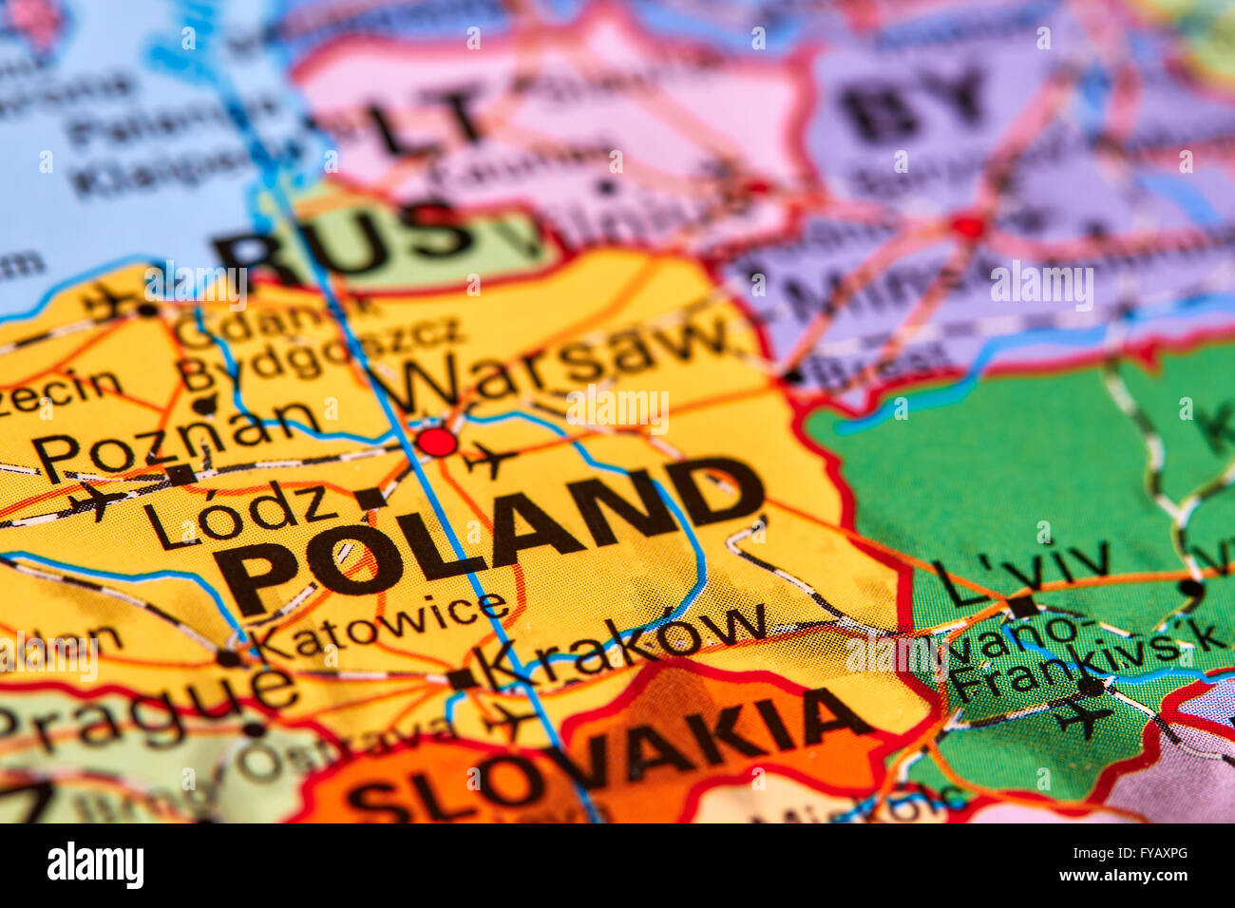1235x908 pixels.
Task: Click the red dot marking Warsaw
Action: (x=437, y=442)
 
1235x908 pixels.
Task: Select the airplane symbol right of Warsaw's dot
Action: (x=489, y=461)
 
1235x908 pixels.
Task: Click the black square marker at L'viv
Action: (x=1022, y=605)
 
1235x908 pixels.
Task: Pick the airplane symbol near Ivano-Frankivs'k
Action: (x=1082, y=714)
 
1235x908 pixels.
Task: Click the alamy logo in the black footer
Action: (x=95, y=865)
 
